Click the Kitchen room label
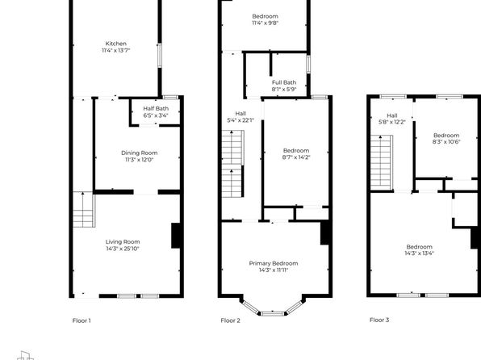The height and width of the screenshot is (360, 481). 116,44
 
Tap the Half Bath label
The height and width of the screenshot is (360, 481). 156,109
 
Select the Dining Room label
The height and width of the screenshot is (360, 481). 140,153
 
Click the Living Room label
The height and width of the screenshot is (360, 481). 123,242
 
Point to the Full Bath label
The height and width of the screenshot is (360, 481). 284,82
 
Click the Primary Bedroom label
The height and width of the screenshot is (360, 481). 274,263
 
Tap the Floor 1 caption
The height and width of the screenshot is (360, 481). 82,320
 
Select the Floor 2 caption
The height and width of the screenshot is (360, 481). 230,320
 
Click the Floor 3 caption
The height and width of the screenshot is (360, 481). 379,320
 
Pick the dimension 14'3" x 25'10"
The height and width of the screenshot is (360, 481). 123,249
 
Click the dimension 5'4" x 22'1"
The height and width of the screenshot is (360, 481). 240,120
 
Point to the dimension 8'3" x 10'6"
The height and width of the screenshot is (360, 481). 446,142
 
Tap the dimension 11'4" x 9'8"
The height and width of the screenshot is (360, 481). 265,23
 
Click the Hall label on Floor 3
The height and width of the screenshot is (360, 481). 392,115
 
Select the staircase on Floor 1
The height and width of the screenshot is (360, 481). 84,210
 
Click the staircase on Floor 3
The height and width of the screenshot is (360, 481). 382,163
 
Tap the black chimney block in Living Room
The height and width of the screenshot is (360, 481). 176,236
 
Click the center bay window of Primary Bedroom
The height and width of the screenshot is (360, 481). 273,314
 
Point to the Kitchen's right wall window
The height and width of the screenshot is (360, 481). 160,56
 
